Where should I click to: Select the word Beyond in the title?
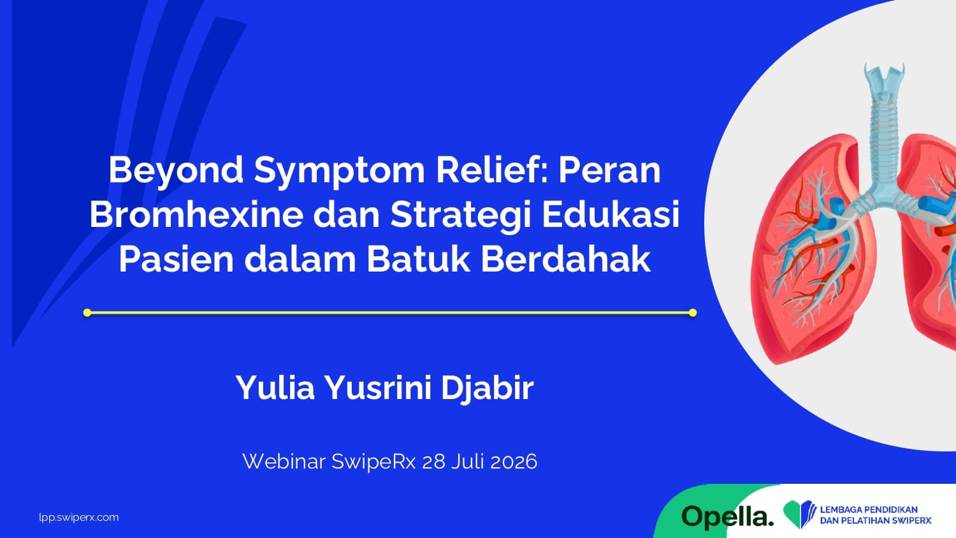(176, 171)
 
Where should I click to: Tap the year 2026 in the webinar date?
(514, 462)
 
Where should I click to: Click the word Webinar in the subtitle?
(284, 462)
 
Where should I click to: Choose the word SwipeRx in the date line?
(373, 462)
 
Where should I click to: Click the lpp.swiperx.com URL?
(79, 518)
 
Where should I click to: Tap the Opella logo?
(727, 517)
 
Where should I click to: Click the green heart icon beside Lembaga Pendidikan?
(799, 514)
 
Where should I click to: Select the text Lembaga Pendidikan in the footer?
(869, 510)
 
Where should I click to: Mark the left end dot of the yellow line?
(87, 312)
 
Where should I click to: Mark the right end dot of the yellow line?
(693, 312)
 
